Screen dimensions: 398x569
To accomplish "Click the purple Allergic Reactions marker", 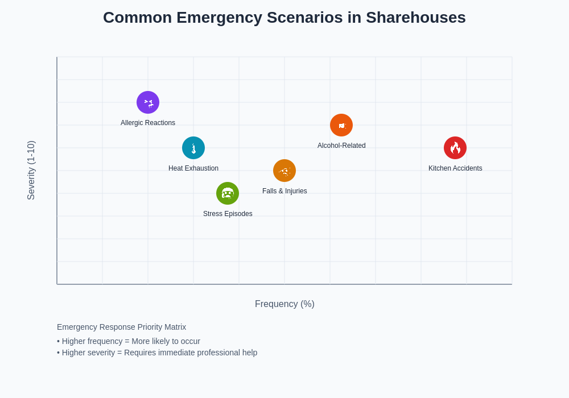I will (148, 102).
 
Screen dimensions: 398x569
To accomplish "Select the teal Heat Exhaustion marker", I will (193, 148).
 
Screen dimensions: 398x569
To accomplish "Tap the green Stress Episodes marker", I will (228, 193).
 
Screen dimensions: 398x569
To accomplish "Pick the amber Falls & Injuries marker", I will (284, 171).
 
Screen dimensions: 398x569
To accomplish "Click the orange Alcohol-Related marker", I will (341, 125).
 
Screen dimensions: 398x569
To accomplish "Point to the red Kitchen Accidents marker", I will (455, 148).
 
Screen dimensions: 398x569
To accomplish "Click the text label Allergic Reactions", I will (148, 123).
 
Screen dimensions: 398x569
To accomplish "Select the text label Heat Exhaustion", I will (193, 168).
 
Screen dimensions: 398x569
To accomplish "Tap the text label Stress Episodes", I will (228, 214).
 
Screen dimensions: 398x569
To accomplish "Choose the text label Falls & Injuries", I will (284, 191).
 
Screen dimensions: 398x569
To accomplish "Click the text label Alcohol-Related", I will (341, 146).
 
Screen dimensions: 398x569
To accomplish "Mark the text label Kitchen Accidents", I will (455, 168).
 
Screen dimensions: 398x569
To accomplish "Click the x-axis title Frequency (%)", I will (284, 304).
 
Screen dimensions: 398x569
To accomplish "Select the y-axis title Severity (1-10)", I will (31, 171).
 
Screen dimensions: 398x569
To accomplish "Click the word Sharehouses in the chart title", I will (415, 18).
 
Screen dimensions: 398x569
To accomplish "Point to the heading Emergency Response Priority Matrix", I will (121, 327).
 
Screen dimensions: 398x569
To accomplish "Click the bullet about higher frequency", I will (129, 341).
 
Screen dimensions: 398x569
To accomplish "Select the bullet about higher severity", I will (157, 353).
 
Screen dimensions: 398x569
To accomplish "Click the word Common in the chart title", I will (137, 18).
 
